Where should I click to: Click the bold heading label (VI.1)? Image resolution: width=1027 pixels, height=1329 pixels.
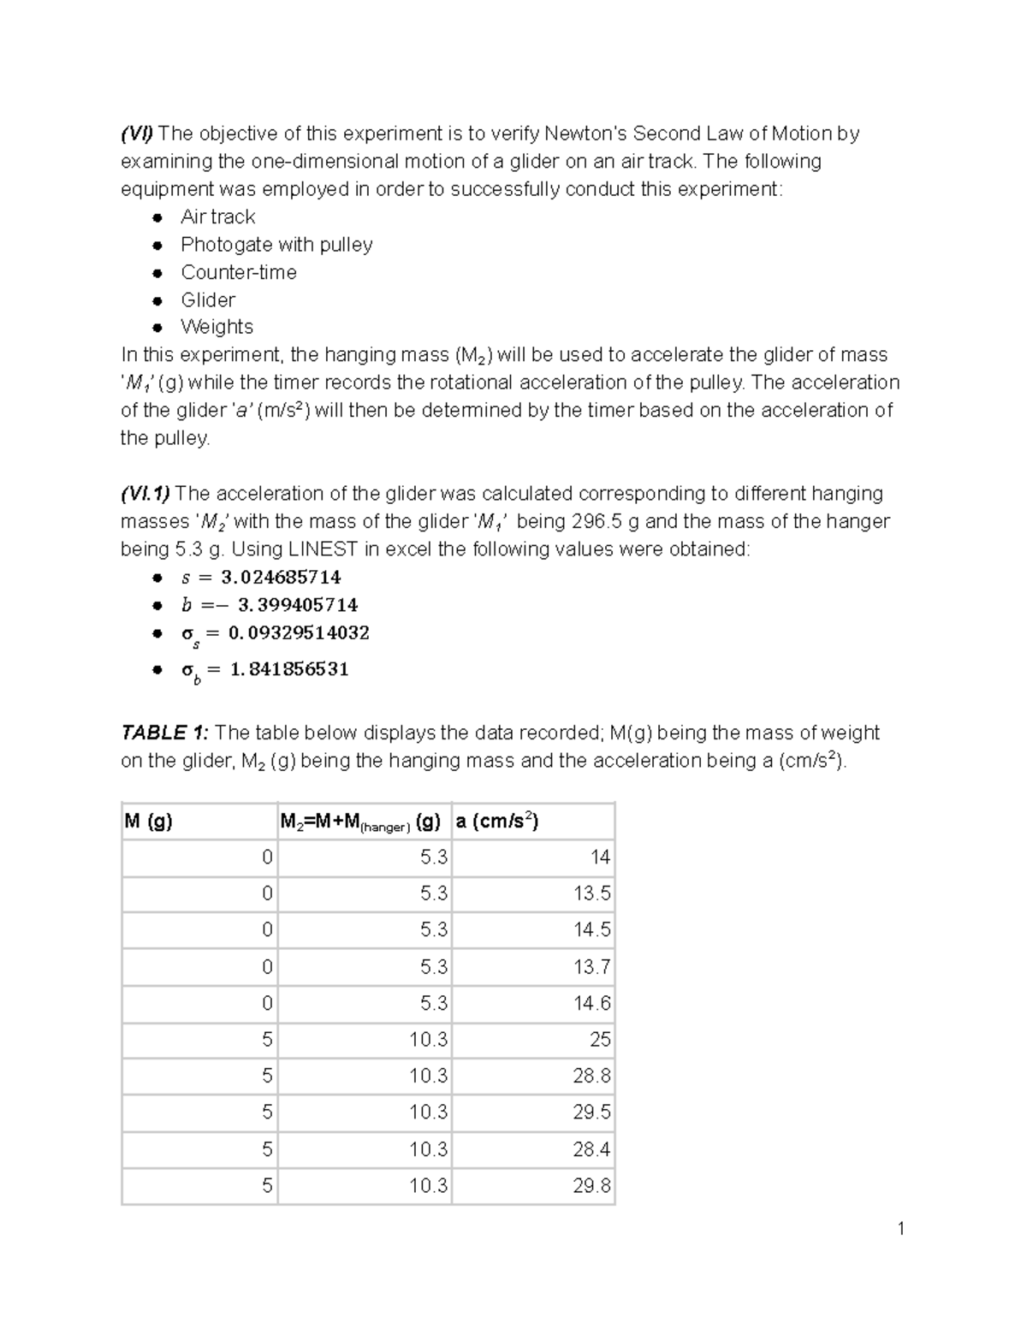145,494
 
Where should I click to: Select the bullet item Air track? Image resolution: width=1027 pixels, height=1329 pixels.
217,217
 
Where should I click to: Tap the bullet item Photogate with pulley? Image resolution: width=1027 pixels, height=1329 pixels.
276,245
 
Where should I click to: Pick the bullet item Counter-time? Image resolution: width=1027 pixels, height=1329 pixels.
239,272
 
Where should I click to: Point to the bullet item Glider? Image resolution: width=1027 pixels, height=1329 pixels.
208,300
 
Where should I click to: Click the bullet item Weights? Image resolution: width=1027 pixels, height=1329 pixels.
217,327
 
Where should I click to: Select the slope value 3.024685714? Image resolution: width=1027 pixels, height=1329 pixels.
281,578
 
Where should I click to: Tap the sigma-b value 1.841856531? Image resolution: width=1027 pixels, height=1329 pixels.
289,669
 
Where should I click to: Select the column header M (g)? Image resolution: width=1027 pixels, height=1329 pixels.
149,822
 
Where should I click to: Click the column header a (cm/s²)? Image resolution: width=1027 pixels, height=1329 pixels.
497,822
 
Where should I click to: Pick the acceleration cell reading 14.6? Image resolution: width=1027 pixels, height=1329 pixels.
591,1003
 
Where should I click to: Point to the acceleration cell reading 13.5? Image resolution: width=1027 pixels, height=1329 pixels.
591,894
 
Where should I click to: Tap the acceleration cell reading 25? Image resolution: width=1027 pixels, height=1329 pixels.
600,1040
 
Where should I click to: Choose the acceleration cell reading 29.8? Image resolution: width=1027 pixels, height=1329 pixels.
591,1186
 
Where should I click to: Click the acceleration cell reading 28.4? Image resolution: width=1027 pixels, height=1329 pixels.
591,1149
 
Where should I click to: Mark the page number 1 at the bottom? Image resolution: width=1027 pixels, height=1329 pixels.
900,1230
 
